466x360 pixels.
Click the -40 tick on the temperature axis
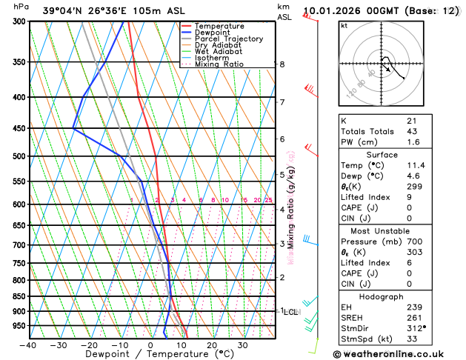pyautogui.click(x=29, y=345)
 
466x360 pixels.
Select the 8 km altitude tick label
pyautogui.click(x=282, y=64)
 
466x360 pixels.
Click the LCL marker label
pyautogui.click(x=291, y=312)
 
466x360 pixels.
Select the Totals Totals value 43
pyautogui.click(x=412, y=131)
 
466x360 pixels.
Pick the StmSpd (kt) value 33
pyautogui.click(x=412, y=340)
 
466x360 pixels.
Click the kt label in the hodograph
pyautogui.click(x=344, y=25)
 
